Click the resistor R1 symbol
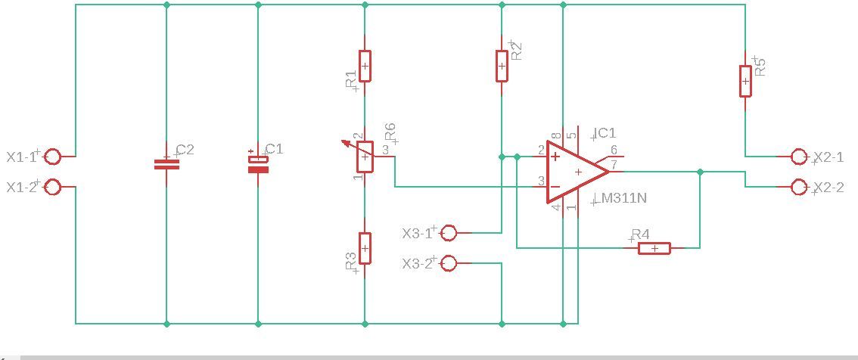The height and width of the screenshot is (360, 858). coord(365,67)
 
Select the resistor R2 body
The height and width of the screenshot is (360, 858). coord(502,67)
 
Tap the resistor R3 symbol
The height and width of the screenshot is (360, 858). coord(365,248)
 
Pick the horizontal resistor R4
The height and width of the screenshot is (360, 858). coord(654,248)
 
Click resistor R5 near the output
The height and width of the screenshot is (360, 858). coord(745,81)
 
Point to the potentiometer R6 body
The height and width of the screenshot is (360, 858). coord(365,157)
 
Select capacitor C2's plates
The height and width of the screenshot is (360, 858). coord(166,164)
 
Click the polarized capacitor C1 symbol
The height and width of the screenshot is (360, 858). coord(258,164)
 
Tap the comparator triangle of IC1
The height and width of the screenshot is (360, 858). coord(577,172)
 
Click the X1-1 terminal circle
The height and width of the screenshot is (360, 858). coord(53,157)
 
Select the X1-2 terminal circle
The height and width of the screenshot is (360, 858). coord(53,187)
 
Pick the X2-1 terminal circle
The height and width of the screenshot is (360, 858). coord(799,157)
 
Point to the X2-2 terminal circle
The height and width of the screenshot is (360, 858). coord(799,187)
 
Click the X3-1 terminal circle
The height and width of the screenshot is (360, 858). coord(448,233)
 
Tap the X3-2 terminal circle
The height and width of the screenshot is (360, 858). coord(448,264)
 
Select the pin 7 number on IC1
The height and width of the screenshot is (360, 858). coord(614,164)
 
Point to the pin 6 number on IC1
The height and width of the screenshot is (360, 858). coord(614,149)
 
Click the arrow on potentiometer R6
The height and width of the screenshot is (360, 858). coord(352,147)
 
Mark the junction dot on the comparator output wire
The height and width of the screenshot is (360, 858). coord(700,172)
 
